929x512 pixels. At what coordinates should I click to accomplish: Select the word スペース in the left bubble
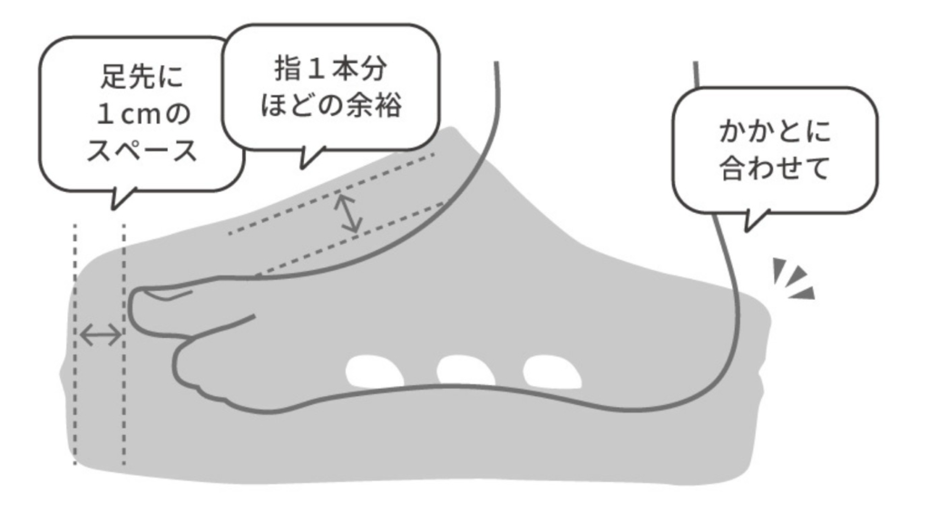[x=140, y=151]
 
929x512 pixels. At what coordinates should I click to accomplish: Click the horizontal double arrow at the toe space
[x=100, y=336]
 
